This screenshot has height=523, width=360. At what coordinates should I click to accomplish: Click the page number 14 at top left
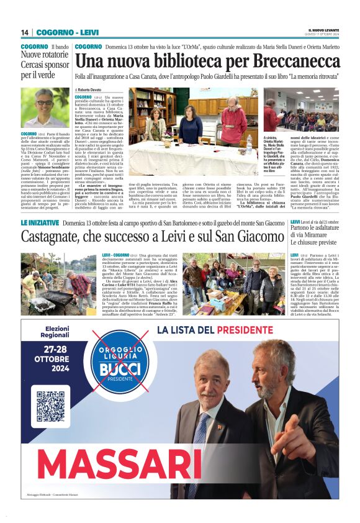point(25,32)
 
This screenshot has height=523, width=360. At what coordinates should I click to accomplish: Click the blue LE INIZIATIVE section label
point(40,222)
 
